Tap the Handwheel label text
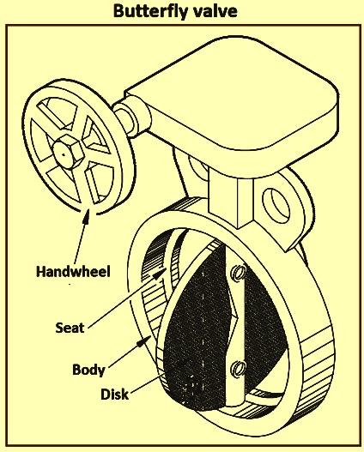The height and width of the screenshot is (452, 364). click(73, 272)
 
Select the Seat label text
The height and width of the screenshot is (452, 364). click(70, 328)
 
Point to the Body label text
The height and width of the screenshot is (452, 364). click(88, 370)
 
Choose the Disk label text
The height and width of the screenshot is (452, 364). click(114, 394)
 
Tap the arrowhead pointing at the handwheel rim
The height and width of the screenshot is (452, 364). click(87, 217)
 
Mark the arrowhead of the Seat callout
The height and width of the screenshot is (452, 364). click(160, 274)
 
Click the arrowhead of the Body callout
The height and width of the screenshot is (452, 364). click(143, 341)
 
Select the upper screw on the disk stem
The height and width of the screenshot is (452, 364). click(240, 273)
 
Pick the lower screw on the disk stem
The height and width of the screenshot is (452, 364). click(240, 369)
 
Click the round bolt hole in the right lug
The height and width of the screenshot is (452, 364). click(276, 205)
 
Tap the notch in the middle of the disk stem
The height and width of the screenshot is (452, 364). click(233, 317)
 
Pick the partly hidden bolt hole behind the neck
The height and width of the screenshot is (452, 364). click(198, 166)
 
